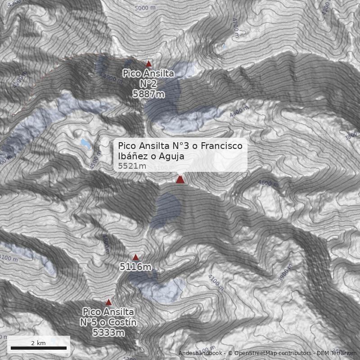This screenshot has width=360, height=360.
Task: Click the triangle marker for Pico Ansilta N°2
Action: (x=149, y=64)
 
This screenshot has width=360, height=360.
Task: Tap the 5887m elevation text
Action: (x=148, y=94)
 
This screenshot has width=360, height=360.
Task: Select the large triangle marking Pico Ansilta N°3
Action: (x=180, y=180)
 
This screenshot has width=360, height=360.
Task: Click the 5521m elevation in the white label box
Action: (x=132, y=166)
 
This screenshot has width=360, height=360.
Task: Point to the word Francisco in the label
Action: (x=221, y=146)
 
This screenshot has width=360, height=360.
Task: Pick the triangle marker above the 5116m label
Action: (x=136, y=257)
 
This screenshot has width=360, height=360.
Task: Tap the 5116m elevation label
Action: (x=135, y=267)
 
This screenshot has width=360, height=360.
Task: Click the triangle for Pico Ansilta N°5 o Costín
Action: (x=108, y=302)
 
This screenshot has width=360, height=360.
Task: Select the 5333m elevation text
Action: (x=108, y=333)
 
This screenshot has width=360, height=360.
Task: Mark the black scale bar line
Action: (x=39, y=348)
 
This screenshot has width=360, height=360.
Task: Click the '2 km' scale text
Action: (x=38, y=343)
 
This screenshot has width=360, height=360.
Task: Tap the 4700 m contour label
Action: (x=235, y=28)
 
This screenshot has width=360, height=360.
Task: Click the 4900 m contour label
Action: (x=111, y=79)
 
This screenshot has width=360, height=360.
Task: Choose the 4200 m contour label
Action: (x=21, y=81)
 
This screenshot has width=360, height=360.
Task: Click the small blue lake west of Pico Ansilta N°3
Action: (x=85, y=143)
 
